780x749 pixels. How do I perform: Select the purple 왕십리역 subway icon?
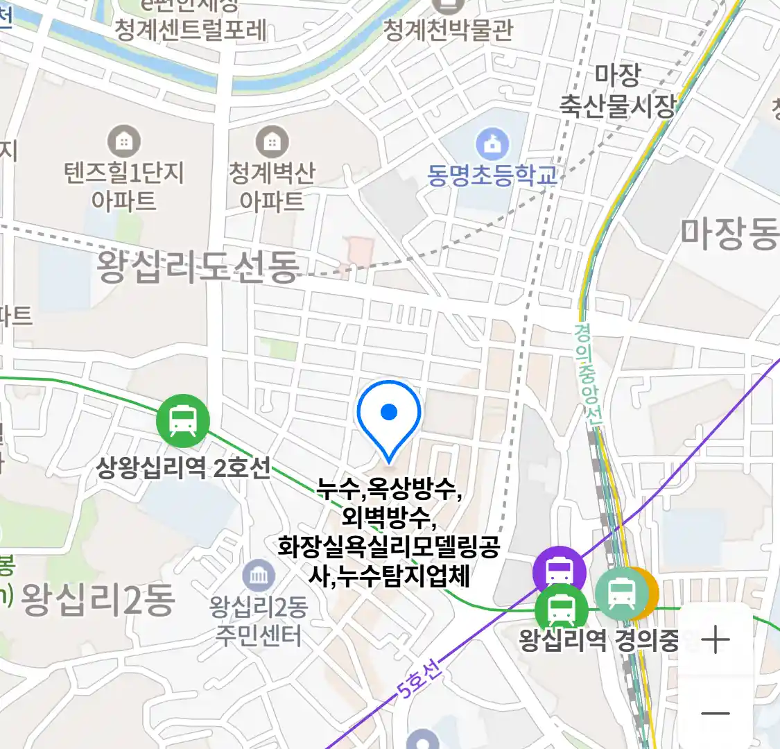[559, 572]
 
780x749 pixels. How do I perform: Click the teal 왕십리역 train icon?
[621, 594]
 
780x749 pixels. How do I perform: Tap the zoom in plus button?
[715, 639]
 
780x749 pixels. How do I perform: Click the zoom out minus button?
[715, 713]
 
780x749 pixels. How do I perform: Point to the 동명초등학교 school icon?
[492, 144]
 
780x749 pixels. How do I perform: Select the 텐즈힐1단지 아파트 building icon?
[124, 142]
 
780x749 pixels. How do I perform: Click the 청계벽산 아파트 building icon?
[272, 142]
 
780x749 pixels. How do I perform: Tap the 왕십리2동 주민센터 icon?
[259, 576]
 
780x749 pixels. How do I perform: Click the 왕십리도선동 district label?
[198, 267]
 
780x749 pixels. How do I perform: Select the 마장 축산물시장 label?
[617, 90]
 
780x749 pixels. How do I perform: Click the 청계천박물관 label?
[449, 30]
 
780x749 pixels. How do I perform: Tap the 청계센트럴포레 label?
[190, 30]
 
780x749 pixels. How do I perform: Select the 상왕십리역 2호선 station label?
[183, 468]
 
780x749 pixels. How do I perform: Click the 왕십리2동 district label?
[98, 600]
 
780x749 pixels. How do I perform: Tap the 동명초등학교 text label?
[492, 175]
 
